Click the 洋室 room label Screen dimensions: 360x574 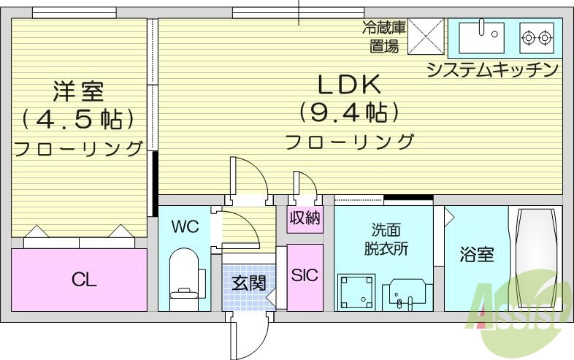78,91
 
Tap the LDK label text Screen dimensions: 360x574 348,85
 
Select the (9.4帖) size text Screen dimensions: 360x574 348,113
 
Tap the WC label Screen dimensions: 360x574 184,226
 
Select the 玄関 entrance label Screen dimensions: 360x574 249,283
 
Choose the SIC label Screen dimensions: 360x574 304,276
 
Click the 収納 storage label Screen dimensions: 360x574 304,218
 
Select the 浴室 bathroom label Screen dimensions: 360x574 476,255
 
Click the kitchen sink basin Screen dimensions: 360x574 482,34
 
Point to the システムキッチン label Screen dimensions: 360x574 492,70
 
